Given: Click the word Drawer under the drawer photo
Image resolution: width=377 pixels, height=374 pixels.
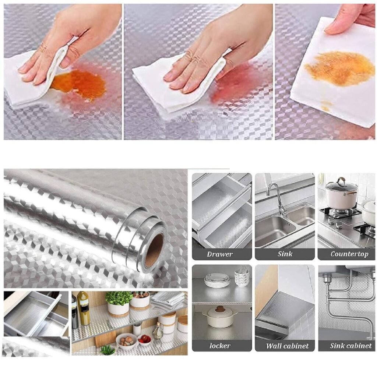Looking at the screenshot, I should pyautogui.click(x=220, y=254).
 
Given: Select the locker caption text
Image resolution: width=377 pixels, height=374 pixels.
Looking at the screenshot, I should pyautogui.click(x=220, y=345).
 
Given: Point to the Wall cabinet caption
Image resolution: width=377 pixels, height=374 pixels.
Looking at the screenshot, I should pyautogui.click(x=287, y=346).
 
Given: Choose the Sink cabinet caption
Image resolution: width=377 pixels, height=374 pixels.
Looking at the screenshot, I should pyautogui.click(x=350, y=345).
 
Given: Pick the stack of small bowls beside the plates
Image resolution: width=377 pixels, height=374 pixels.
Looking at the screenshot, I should pyautogui.click(x=242, y=279).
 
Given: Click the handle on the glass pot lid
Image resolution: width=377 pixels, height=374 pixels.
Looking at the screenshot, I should pyautogui.click(x=342, y=182).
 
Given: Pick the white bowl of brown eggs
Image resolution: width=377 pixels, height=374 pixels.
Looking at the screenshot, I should pyautogui.click(x=127, y=340).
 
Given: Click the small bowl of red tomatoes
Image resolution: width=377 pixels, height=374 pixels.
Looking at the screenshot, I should pyautogui.click(x=144, y=338).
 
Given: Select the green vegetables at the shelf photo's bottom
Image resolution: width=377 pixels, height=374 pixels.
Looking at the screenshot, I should pyautogui.click(x=108, y=349).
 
